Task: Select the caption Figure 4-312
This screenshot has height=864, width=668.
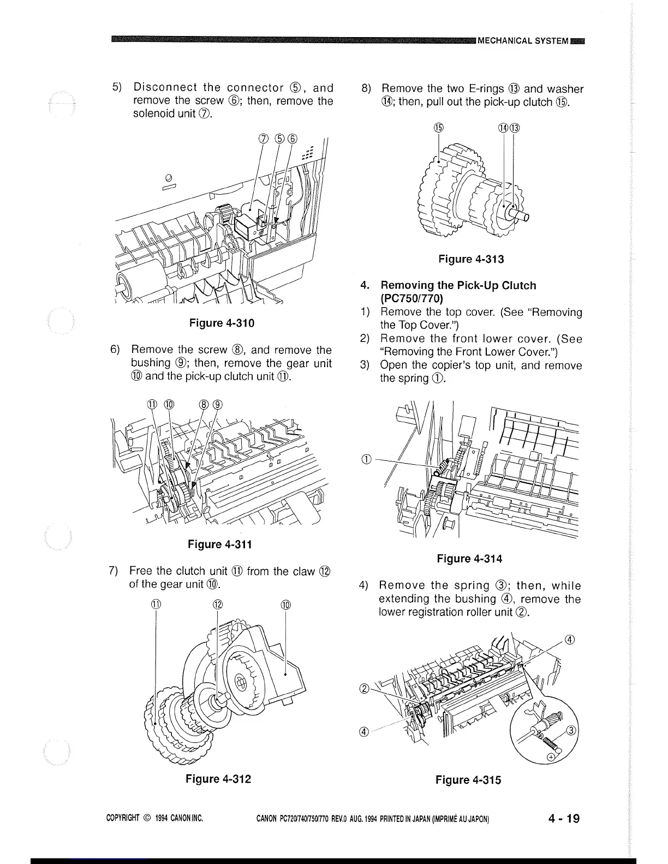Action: coord(218,778)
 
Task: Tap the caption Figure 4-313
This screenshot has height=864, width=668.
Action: coord(471,259)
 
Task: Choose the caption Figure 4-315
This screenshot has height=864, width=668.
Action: coord(468,780)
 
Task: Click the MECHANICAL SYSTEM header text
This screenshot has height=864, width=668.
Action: coord(523,40)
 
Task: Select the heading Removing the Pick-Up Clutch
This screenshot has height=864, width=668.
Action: coord(458,286)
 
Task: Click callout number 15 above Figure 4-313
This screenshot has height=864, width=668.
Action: coord(438,129)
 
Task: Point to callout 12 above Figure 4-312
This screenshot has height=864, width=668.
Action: coord(218,604)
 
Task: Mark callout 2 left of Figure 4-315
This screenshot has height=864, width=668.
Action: coord(364,687)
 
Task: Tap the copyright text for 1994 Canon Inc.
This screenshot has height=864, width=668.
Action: coord(154,819)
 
